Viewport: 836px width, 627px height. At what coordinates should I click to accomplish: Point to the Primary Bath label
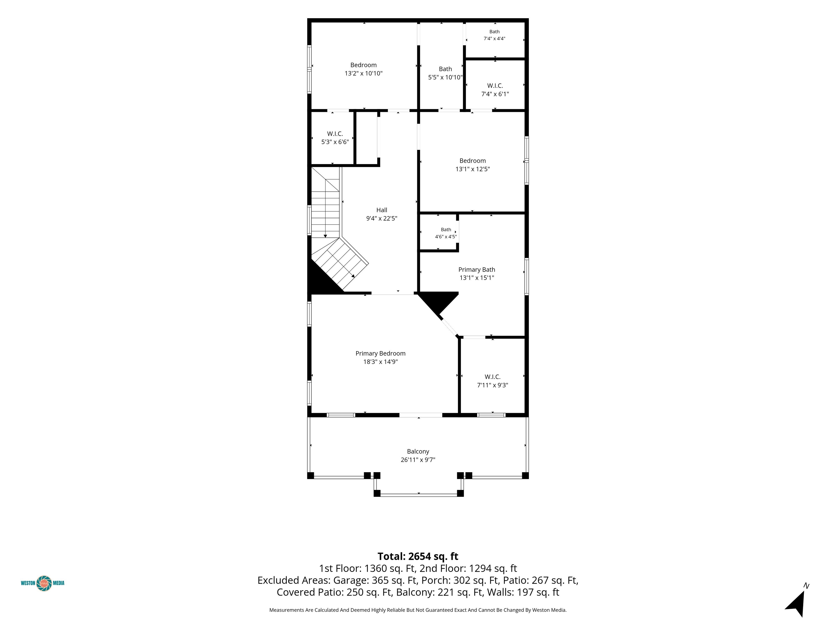(x=477, y=273)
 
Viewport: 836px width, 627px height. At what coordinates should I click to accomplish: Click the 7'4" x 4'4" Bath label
(x=494, y=35)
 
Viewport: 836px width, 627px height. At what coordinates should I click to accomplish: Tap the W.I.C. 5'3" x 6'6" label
(x=335, y=138)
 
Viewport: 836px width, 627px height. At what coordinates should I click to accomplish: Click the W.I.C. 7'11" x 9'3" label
(x=493, y=381)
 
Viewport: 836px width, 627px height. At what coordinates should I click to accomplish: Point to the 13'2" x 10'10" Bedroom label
(x=363, y=69)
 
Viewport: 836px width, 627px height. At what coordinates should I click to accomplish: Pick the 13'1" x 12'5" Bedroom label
(x=472, y=165)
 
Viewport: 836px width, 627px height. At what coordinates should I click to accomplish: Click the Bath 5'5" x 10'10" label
(x=445, y=73)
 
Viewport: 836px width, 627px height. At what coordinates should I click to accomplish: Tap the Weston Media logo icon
(x=44, y=583)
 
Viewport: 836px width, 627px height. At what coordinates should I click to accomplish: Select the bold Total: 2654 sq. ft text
(x=418, y=556)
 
